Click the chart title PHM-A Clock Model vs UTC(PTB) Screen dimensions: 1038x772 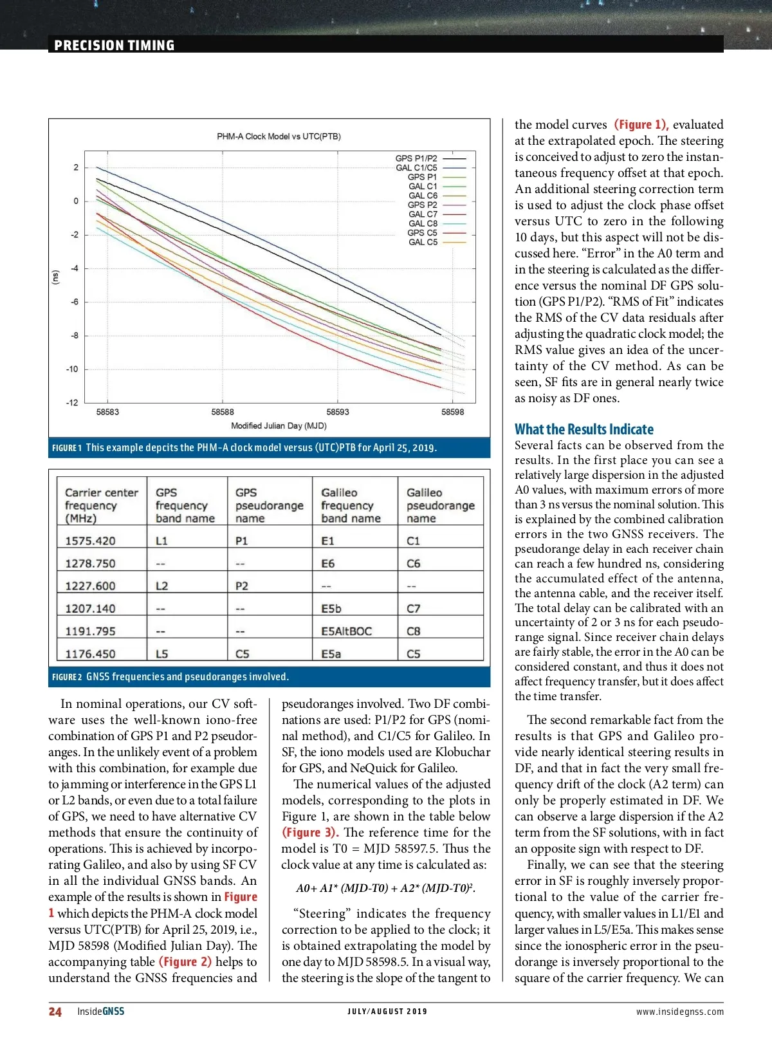(279, 136)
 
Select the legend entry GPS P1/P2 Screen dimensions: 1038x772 (416, 158)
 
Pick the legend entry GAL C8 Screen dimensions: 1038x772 (423, 223)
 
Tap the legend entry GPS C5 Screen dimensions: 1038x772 (422, 233)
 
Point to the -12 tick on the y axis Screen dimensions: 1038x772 (72, 403)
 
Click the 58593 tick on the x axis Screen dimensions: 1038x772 (338, 412)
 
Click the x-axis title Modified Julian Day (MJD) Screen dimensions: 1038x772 (279, 426)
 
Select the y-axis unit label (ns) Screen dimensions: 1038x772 (55, 277)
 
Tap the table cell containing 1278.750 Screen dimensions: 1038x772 (90, 564)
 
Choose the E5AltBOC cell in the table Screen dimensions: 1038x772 (346, 631)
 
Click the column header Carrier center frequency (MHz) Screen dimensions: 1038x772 (101, 505)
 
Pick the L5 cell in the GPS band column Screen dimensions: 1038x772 (161, 654)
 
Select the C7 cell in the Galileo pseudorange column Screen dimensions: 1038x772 (413, 609)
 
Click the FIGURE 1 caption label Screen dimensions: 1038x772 (66, 448)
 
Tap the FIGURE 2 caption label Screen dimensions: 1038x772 (67, 677)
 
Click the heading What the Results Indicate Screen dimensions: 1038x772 (584, 429)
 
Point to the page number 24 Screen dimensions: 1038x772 (55, 1012)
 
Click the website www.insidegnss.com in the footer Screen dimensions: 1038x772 (679, 1012)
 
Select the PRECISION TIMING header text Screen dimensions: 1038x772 (115, 45)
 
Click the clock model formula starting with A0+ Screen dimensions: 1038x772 (385, 889)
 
